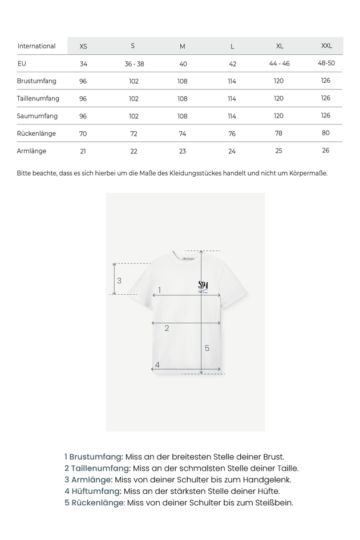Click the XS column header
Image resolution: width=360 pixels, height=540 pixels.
(83, 46)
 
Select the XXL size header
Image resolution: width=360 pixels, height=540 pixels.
(326, 46)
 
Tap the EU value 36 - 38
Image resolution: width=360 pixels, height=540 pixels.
(134, 64)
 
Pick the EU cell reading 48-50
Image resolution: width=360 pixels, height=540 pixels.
(326, 63)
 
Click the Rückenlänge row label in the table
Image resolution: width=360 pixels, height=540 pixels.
(37, 133)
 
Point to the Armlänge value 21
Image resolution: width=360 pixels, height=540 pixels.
(83, 151)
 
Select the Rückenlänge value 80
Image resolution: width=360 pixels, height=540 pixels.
(326, 133)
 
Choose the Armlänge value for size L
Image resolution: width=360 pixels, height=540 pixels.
(232, 151)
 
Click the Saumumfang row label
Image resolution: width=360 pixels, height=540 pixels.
(37, 116)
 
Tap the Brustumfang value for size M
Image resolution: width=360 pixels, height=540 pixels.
(183, 81)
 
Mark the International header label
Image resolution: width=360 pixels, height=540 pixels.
(37, 46)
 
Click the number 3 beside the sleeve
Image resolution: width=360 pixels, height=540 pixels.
(119, 281)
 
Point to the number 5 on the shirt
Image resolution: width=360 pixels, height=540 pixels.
(207, 348)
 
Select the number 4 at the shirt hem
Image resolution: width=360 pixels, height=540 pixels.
(157, 365)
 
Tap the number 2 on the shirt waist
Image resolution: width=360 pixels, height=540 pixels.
(167, 328)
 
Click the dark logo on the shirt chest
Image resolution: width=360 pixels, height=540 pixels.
(203, 285)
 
